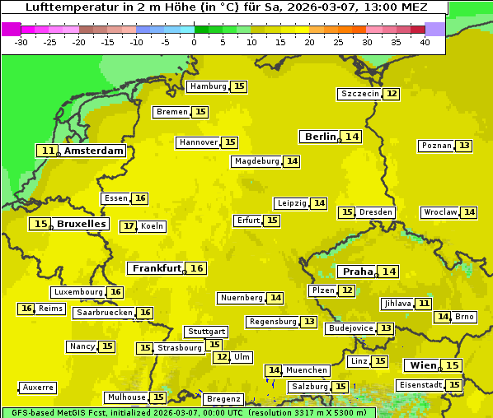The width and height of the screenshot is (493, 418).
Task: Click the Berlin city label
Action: coord(320,137)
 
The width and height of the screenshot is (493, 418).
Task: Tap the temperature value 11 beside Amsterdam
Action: coord(48,151)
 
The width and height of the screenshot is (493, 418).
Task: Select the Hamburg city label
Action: coord(208,86)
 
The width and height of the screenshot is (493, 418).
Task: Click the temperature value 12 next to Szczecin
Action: coord(392,94)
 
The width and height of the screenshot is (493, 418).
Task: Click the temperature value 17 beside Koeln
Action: coord(128,226)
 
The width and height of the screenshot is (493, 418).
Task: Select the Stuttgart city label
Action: coord(206,332)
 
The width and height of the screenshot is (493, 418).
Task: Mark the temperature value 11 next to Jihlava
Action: coord(424,304)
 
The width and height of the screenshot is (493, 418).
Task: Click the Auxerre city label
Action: coord(38,388)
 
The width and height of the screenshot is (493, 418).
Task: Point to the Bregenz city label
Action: coord(223,399)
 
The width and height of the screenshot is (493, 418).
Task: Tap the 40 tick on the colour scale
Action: coord(425,42)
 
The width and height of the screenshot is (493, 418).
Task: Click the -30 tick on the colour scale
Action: coord(22,42)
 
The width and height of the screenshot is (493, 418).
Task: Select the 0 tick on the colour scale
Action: coord(195,42)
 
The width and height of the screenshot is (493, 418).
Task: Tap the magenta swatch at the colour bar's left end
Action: coord(11,29)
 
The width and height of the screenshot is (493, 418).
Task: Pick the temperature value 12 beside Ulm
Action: coord(221,357)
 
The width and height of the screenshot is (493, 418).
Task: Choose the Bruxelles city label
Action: coord(81,224)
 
